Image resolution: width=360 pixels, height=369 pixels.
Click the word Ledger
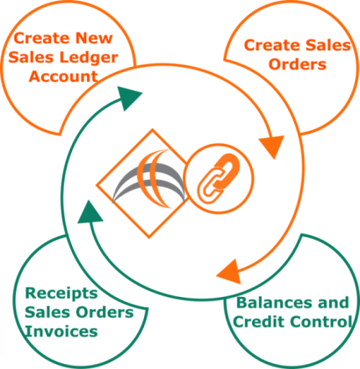[89, 58]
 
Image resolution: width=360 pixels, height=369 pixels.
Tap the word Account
[63, 76]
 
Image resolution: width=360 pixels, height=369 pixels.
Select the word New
[94, 38]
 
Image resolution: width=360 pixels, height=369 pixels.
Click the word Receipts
[61, 293]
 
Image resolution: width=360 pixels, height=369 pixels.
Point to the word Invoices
[61, 332]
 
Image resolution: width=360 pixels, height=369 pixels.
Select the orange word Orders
[297, 64]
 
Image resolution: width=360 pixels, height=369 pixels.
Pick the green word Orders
[104, 312]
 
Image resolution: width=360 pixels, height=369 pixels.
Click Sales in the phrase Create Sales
[328, 45]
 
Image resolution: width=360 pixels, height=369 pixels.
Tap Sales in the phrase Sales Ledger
[31, 58]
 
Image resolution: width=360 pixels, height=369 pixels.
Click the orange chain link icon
[218, 179]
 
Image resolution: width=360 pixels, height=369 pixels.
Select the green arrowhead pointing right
[128, 98]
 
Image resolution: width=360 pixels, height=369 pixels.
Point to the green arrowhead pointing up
[90, 213]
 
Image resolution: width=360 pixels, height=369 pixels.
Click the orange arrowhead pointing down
[272, 146]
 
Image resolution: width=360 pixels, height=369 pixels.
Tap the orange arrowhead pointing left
[230, 272]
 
